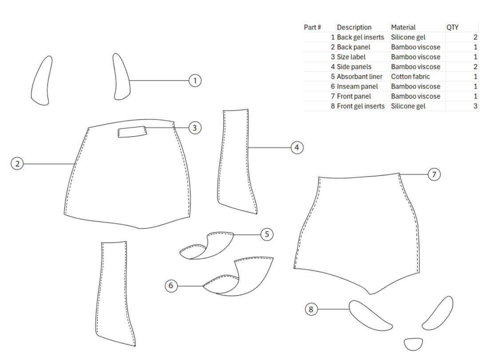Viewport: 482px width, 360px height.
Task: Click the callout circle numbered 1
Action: tap(195, 80)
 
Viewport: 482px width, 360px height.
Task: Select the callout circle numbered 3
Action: tap(195, 127)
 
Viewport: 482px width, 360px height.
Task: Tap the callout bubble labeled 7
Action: tap(434, 174)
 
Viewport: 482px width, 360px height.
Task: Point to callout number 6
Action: tap(171, 286)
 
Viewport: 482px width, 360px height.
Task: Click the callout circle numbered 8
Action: tap(311, 309)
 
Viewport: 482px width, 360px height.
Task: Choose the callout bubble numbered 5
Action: tap(267, 234)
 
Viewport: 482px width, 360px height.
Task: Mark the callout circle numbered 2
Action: tap(17, 163)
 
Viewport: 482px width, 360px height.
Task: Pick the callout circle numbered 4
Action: tap(297, 147)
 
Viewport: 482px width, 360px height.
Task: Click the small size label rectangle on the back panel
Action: tap(132, 132)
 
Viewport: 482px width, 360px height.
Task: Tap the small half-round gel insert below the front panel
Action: tap(414, 344)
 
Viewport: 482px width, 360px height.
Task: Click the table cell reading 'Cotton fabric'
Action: tap(411, 76)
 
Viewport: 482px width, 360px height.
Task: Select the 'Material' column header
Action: tap(403, 28)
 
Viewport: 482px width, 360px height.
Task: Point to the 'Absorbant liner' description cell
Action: tap(360, 76)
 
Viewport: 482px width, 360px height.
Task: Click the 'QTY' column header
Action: tap(452, 28)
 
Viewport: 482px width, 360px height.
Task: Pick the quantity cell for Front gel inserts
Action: tap(475, 106)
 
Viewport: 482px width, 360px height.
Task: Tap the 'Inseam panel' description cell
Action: tap(357, 87)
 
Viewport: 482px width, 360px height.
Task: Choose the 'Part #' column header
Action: tap(312, 28)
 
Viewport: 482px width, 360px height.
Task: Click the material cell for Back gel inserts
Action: tap(408, 37)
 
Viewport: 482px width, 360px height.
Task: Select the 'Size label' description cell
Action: tap(351, 57)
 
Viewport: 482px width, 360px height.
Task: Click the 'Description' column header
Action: tap(354, 28)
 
